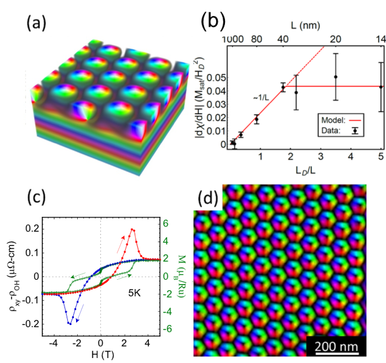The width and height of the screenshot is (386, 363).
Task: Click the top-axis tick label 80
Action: [x=257, y=40]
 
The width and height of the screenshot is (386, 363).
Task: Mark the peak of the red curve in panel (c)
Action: [x=133, y=229]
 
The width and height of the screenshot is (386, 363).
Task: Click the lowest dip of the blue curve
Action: [x=69, y=323]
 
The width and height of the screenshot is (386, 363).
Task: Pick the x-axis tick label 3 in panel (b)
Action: [x=321, y=155]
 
